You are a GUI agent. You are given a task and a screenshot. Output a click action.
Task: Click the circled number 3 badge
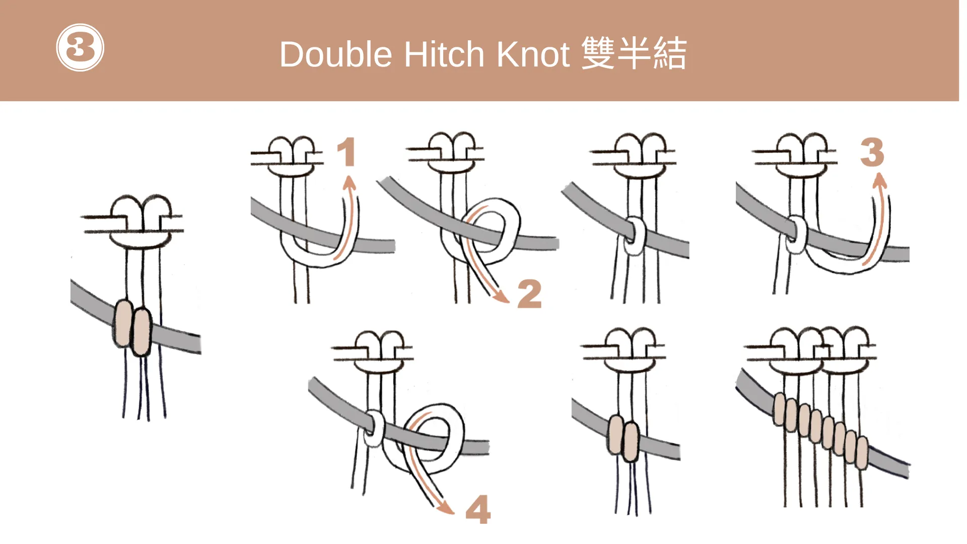(80, 47)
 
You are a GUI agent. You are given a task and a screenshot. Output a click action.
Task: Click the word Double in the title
(335, 54)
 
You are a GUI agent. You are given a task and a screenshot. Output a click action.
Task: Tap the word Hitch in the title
(444, 54)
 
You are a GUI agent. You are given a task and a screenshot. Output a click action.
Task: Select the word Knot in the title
(533, 54)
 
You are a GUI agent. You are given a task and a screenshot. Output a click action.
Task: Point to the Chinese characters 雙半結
(634, 53)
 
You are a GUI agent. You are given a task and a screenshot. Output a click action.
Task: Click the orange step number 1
(347, 152)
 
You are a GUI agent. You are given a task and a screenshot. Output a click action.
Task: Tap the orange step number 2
(529, 294)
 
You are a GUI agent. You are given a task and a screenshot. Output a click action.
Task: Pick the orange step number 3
(872, 152)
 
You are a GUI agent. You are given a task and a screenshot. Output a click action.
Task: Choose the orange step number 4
(478, 509)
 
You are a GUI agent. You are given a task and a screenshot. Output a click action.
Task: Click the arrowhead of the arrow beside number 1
(349, 182)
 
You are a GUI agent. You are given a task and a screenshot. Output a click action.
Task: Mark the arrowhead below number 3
(879, 179)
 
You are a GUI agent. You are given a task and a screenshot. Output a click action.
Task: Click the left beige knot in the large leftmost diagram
(123, 323)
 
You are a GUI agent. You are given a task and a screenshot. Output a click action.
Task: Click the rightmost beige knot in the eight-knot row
(862, 453)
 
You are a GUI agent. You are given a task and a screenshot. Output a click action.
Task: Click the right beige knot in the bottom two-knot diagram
(631, 442)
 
